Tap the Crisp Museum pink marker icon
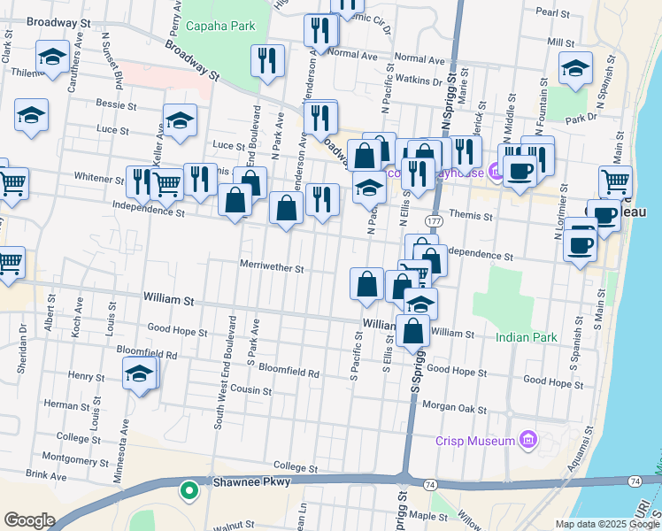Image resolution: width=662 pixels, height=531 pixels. tap(529, 440)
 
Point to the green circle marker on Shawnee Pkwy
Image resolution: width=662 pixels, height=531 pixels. tap(188, 489)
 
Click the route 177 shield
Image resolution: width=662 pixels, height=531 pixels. tap(434, 219)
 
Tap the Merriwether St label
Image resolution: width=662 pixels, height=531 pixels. tap(272, 267)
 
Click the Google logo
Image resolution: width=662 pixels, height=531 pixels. tap(29, 520)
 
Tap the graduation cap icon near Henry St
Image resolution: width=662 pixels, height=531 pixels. tap(140, 374)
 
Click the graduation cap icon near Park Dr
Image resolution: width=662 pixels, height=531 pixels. tap(575, 67)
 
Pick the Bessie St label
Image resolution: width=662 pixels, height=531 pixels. tap(117, 104)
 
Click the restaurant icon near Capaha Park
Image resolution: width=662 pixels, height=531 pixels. tap(266, 60)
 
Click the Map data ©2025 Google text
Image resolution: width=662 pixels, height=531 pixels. tap(605, 524)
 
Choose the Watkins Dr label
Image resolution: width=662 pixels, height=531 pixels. tap(417, 81)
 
